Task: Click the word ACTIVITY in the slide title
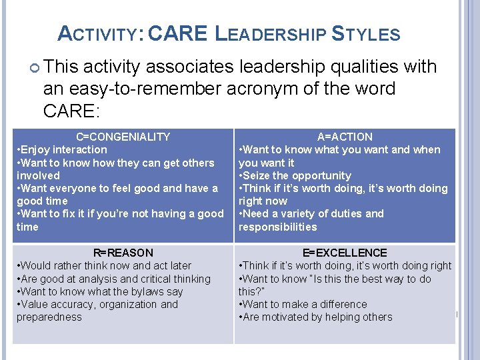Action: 99,34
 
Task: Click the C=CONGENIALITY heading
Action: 123,137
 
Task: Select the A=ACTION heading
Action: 345,137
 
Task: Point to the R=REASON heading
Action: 123,253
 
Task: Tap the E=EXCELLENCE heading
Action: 345,253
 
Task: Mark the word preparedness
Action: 49,317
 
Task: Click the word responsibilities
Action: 278,227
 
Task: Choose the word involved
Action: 38,175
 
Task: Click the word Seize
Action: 257,175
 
